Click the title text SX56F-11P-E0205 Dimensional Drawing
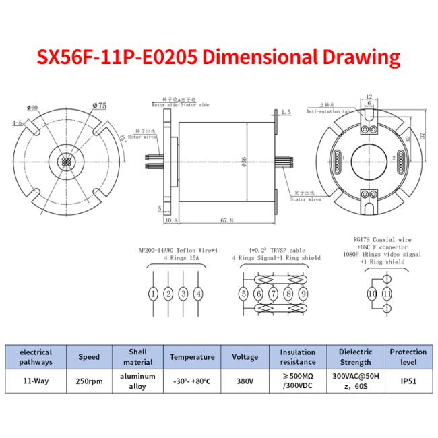219,57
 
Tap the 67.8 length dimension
226,220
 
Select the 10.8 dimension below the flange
170,220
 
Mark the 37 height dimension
423,135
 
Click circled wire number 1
154,294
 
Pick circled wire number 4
198,294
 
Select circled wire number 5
243,294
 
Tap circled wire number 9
303,294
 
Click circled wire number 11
387,294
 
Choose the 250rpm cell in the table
90,381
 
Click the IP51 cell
408,381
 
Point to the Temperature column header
192,357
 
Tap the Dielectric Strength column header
355,357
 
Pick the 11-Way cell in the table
36,381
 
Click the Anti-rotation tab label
327,112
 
